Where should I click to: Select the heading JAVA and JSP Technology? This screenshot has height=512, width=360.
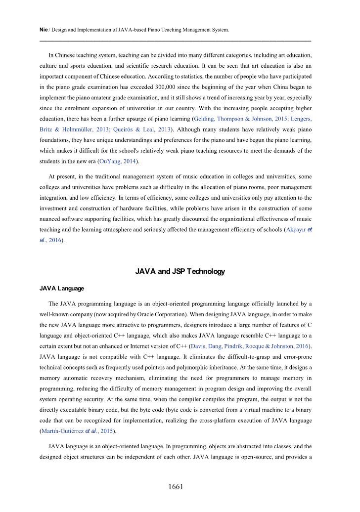point(180,271)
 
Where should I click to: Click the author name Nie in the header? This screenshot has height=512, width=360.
point(43,30)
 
